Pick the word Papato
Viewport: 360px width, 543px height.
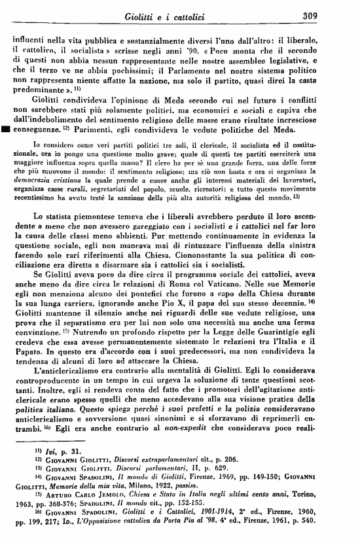27,396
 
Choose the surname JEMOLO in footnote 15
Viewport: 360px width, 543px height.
122,533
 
